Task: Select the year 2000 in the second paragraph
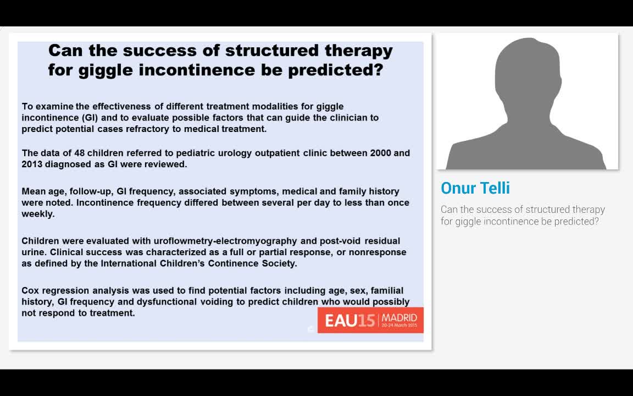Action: [381, 153]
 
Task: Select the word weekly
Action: [37, 214]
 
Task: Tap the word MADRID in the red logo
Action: [399, 317]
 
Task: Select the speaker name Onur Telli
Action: [475, 188]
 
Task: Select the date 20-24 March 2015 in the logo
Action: [399, 326]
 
